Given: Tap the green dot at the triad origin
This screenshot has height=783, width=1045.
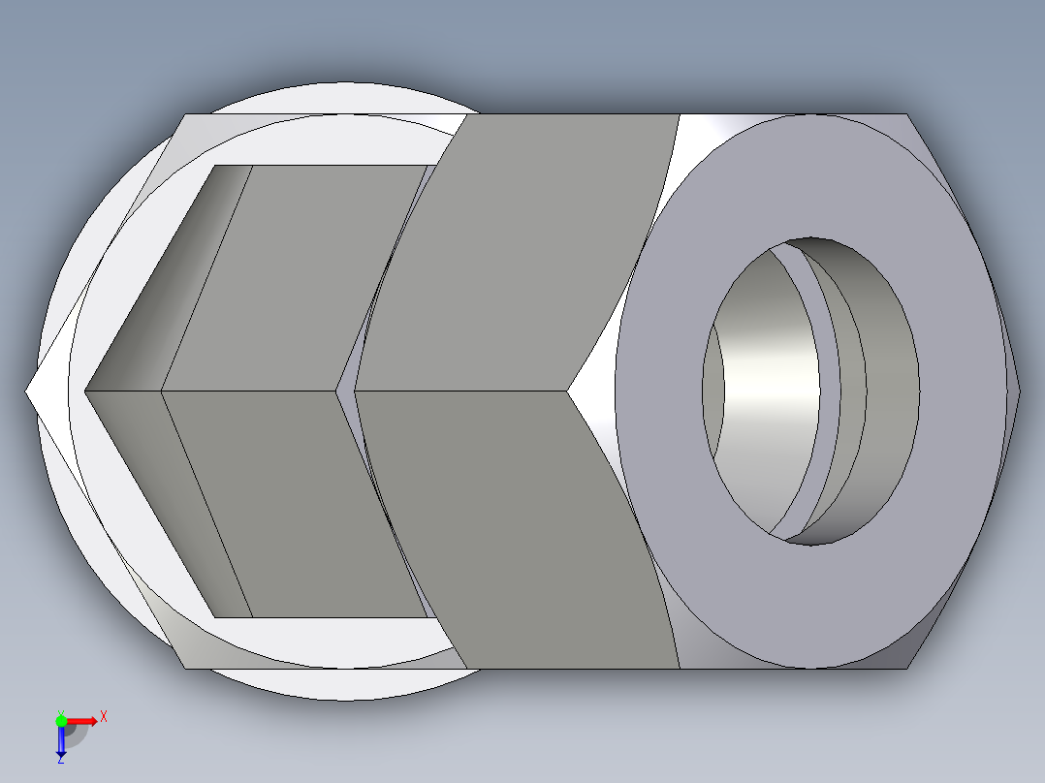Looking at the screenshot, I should tap(61, 720).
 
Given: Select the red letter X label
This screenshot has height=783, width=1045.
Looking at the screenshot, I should tap(104, 716).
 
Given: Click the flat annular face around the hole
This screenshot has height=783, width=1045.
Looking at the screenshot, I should tap(679, 485).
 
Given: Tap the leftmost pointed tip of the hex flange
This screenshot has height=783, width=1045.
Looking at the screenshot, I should tap(27, 391).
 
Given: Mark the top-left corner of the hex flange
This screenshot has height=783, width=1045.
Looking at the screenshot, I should tap(184, 115).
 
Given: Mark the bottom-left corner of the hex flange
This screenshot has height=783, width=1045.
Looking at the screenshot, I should tap(185, 668).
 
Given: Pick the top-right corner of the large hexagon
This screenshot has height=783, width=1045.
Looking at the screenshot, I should tap(909, 114).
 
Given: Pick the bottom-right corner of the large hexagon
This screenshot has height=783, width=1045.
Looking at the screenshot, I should tap(909, 668).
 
